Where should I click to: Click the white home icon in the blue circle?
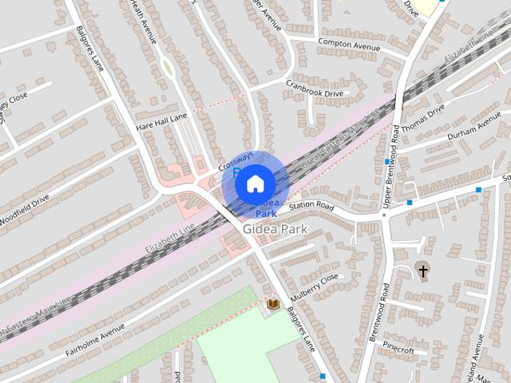pos(255,184)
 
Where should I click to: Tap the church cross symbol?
pos(422,271)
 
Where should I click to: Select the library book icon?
pos(273,304)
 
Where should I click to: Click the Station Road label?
pos(311,206)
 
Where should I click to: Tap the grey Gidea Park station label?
pos(275,229)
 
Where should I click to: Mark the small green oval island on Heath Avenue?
pos(168,69)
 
